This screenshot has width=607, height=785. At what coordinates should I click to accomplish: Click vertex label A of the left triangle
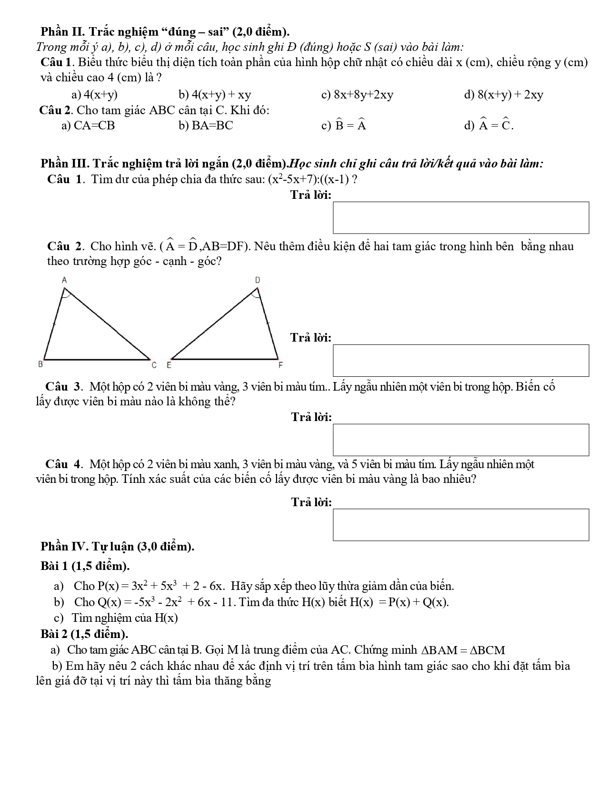coord(65,281)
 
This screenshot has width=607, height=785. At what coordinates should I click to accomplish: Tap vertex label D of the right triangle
coord(258,281)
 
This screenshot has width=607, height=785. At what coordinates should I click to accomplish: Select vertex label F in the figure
coord(280,365)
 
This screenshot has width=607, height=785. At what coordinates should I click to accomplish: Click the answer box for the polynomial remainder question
coord(460,217)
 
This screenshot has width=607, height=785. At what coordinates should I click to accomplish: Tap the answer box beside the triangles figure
coord(460,361)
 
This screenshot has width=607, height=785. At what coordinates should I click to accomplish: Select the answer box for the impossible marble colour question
coord(460,440)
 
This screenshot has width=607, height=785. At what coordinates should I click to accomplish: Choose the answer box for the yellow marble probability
coord(460,525)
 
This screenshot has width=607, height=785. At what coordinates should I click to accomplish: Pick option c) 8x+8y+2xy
coord(358,95)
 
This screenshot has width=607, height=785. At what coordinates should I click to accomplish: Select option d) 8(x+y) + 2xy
coord(504,95)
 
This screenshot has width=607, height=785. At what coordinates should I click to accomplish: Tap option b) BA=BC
coord(206,126)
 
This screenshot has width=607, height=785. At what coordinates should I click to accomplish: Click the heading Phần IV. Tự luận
coord(118,547)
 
